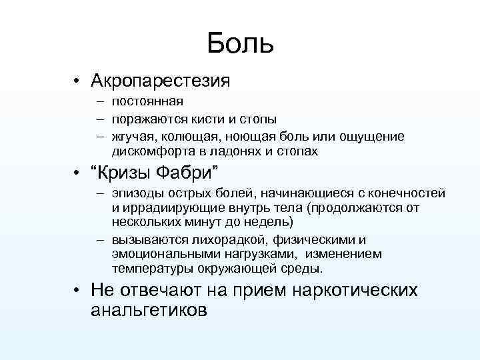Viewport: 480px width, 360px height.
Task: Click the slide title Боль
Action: click(240, 43)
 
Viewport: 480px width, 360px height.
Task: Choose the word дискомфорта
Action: click(151, 151)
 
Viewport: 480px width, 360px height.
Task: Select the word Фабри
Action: click(189, 175)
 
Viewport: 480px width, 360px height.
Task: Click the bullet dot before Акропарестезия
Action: click(78, 83)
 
